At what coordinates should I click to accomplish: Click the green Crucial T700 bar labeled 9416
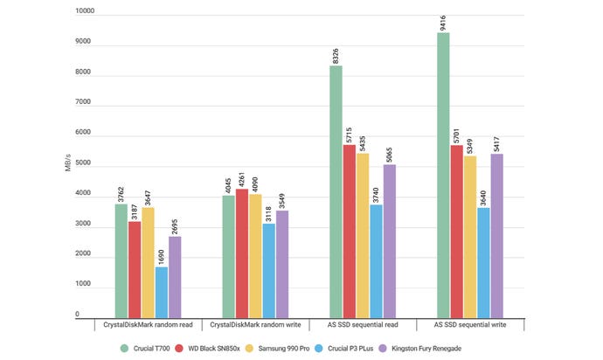[444, 175]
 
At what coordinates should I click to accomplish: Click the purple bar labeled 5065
[389, 240]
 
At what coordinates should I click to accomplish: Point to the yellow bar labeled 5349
[470, 236]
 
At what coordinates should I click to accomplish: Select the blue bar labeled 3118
[268, 270]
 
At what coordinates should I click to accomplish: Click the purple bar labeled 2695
[175, 276]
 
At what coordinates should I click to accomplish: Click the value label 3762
[121, 190]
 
